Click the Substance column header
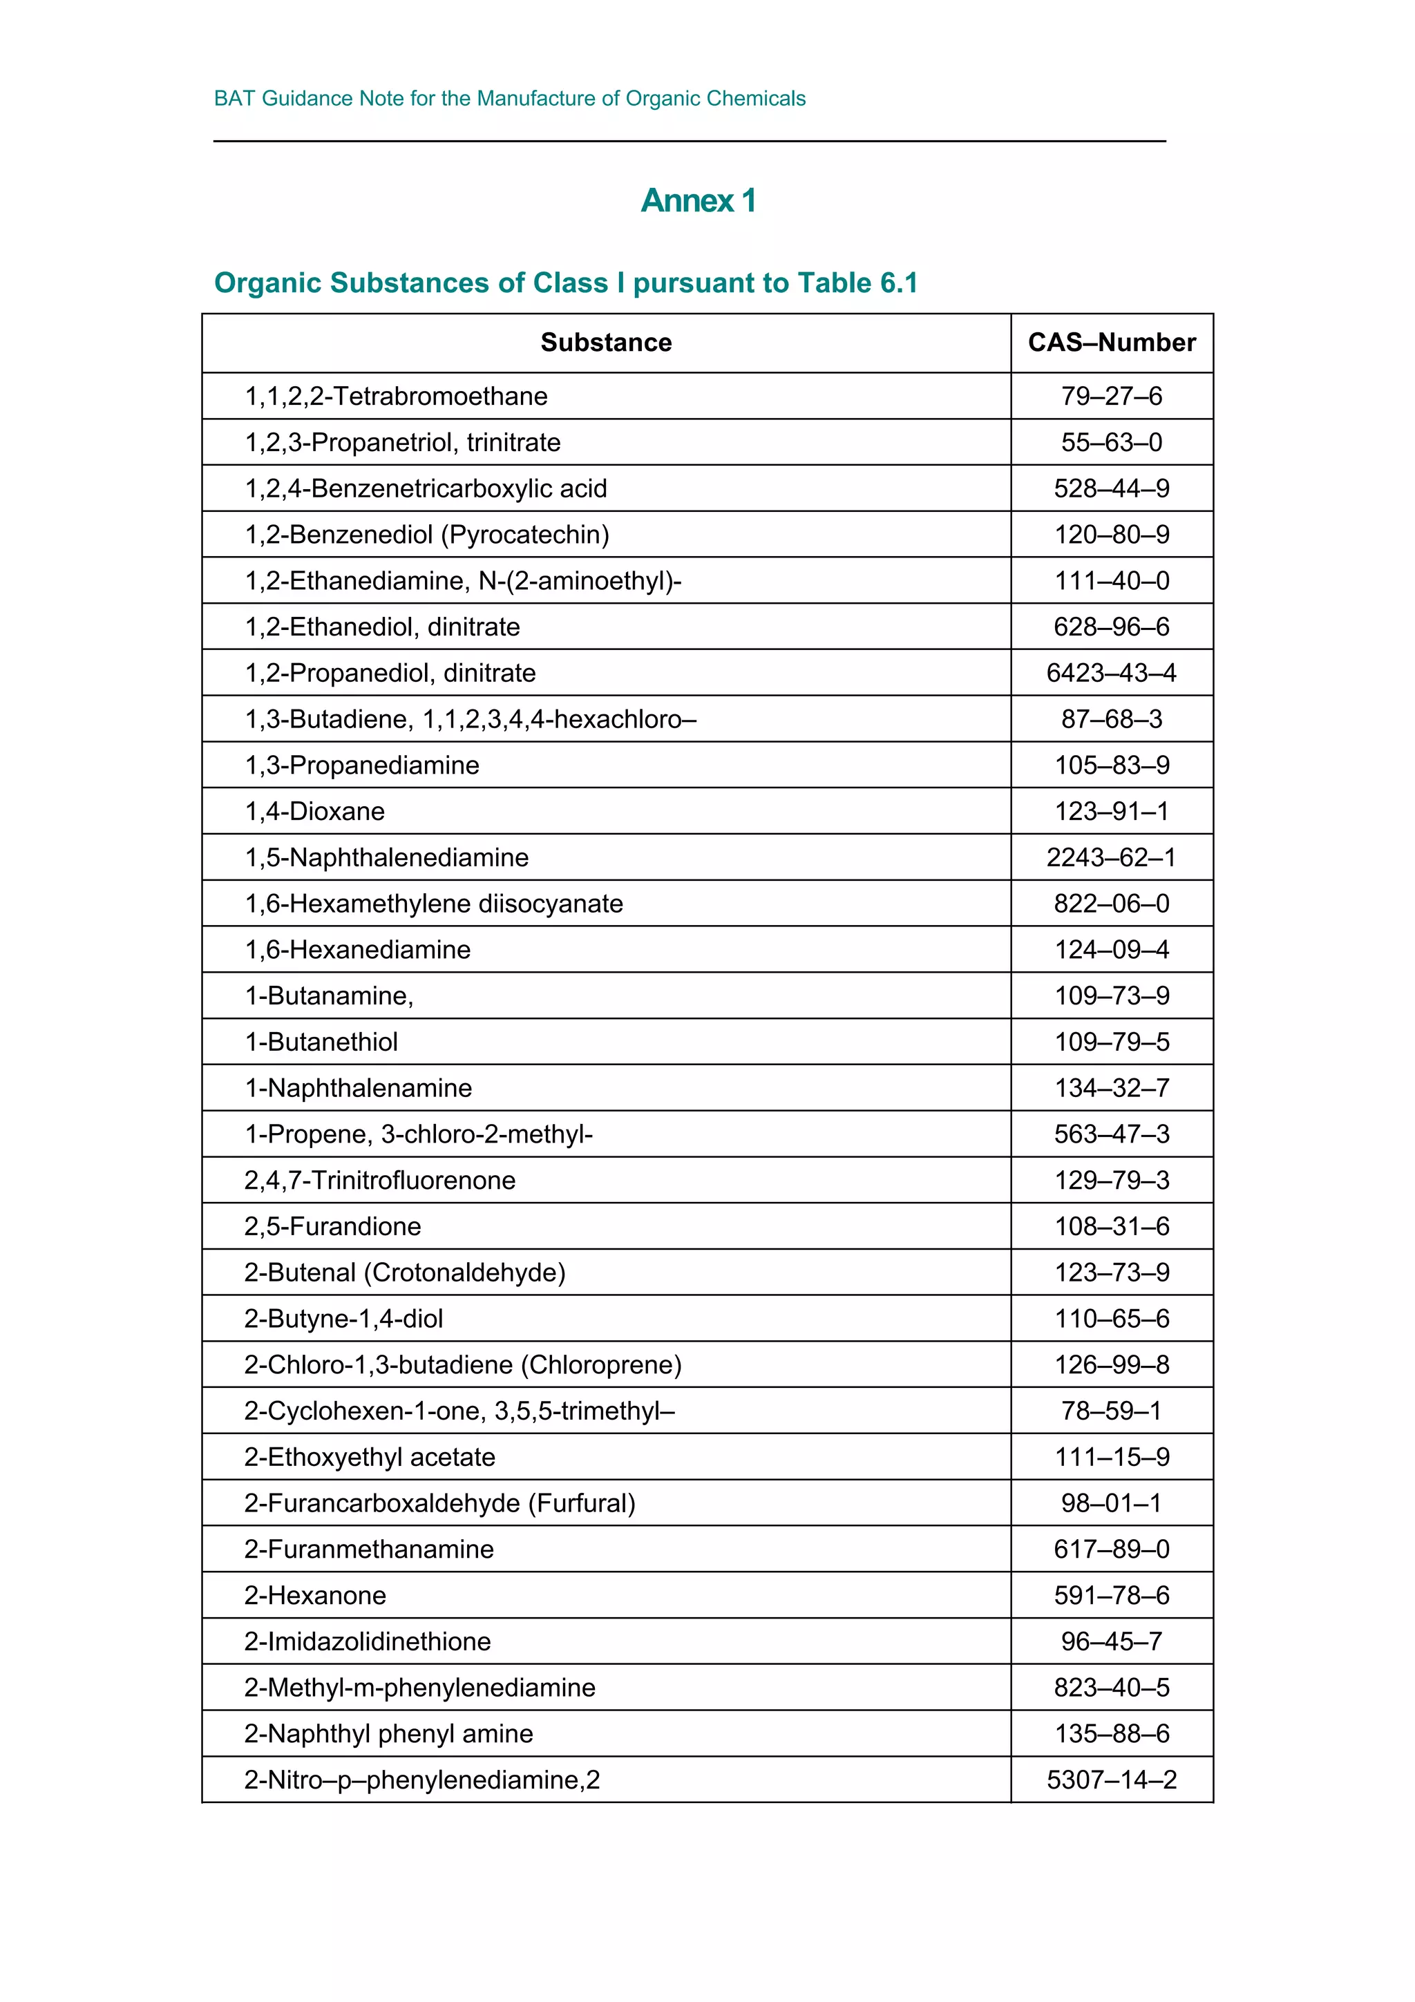[x=606, y=343]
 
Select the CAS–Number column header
[x=1111, y=343]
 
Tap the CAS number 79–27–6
[x=1111, y=397]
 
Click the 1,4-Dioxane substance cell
[x=315, y=812]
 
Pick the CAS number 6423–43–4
[x=1111, y=673]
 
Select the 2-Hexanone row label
[x=315, y=1596]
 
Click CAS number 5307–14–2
[x=1111, y=1780]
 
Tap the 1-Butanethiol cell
[x=321, y=1042]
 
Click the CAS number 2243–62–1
[x=1111, y=858]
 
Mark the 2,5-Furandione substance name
[x=332, y=1227]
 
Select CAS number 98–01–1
[x=1111, y=1503]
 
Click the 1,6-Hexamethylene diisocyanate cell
[x=433, y=904]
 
